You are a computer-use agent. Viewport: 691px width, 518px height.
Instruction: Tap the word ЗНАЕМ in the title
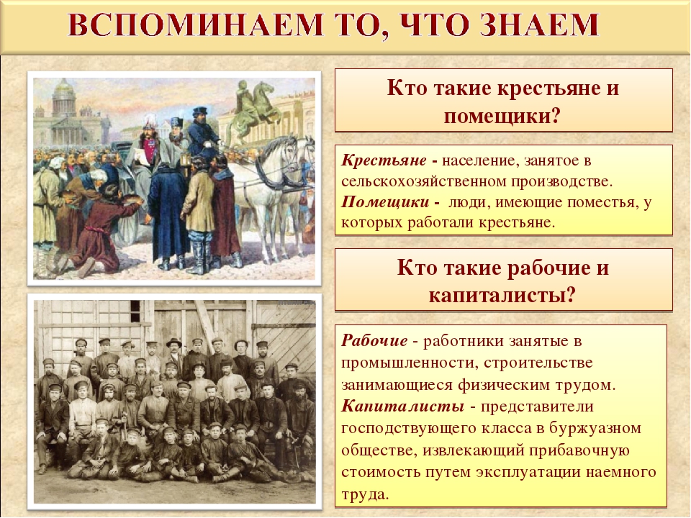point(539,25)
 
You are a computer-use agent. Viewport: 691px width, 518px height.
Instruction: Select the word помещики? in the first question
point(502,117)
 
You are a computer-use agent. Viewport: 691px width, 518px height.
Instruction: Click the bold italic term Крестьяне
point(384,160)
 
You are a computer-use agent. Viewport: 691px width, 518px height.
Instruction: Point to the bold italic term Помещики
point(384,201)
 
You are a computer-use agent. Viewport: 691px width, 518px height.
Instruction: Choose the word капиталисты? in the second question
point(502,295)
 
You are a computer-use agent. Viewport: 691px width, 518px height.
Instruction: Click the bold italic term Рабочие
point(374,340)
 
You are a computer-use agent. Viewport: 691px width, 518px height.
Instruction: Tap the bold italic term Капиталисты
point(402,406)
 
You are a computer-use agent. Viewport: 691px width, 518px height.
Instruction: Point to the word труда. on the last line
point(366,494)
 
